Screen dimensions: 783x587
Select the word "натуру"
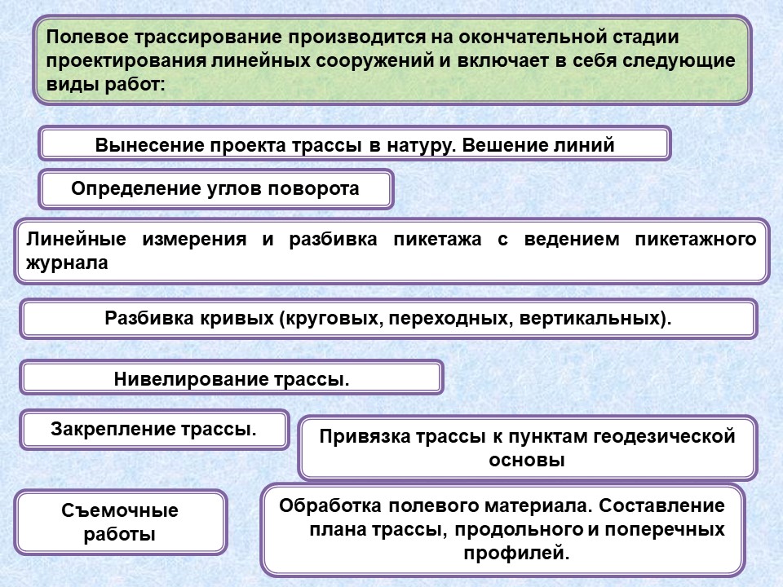[421, 146]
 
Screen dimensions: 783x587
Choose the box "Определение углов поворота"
[215, 189]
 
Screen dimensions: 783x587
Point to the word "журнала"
[67, 263]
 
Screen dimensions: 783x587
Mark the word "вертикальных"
[590, 319]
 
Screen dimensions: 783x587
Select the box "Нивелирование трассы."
[232, 377]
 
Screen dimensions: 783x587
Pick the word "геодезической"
[664, 437]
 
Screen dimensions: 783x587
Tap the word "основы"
[527, 460]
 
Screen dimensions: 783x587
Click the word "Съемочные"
[120, 510]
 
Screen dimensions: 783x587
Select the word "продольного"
[518, 530]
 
